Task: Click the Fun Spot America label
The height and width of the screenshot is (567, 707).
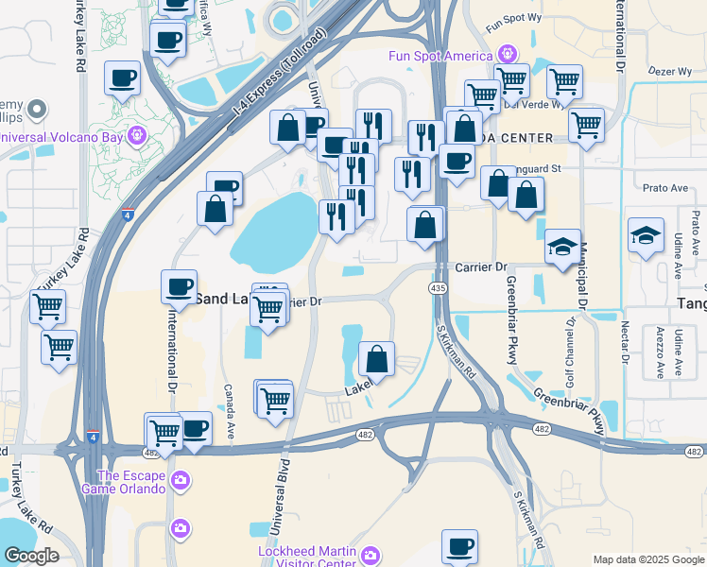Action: pos(440,55)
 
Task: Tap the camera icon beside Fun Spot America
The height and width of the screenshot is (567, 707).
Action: pos(508,54)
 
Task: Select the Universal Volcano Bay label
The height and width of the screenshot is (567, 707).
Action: pos(62,136)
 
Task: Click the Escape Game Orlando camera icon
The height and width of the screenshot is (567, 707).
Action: pos(180,484)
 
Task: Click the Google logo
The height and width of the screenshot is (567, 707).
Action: pos(30,556)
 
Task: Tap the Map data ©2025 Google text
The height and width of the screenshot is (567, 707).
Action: pos(647,559)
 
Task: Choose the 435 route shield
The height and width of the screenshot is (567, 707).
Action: pos(438,286)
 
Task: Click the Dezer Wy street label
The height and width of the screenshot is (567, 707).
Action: pos(666,70)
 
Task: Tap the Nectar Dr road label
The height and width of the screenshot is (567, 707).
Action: pos(624,341)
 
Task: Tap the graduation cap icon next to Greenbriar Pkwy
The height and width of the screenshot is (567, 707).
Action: pos(562,246)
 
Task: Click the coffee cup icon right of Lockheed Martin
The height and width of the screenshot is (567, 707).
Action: pos(460,545)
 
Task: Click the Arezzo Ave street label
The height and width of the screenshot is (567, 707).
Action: pos(658,352)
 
